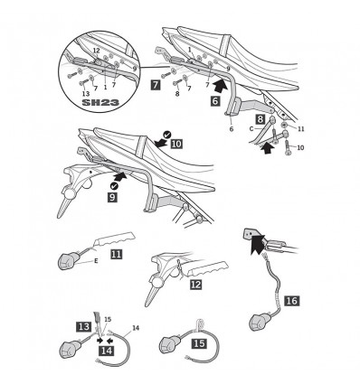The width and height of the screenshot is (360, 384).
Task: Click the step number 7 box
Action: point(156,85)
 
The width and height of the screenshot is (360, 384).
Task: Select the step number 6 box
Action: point(214,101)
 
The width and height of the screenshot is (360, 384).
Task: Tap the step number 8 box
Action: point(261,119)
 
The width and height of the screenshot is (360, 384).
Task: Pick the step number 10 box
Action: point(176,144)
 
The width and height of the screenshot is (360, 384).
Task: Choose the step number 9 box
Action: point(112,197)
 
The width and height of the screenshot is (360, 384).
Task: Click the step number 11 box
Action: point(117,254)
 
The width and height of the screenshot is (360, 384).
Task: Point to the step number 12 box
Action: point(196,285)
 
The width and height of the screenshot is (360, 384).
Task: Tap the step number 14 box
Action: point(106,351)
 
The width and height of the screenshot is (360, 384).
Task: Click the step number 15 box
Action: point(199,343)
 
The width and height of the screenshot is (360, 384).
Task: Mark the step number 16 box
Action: point(292,301)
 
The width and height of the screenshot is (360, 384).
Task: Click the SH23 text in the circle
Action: point(100,102)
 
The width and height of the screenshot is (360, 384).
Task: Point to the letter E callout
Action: point(96,261)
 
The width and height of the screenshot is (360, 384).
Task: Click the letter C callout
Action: point(251,129)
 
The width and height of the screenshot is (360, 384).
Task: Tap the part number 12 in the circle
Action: point(96,52)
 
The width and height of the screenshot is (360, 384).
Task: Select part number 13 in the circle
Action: point(86,94)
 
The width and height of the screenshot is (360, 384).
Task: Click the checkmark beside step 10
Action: point(166,135)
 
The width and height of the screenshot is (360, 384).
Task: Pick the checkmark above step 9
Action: point(114,186)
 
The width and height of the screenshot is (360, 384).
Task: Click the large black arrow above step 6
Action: point(220,85)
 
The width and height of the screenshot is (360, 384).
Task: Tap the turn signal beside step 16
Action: point(258,322)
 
